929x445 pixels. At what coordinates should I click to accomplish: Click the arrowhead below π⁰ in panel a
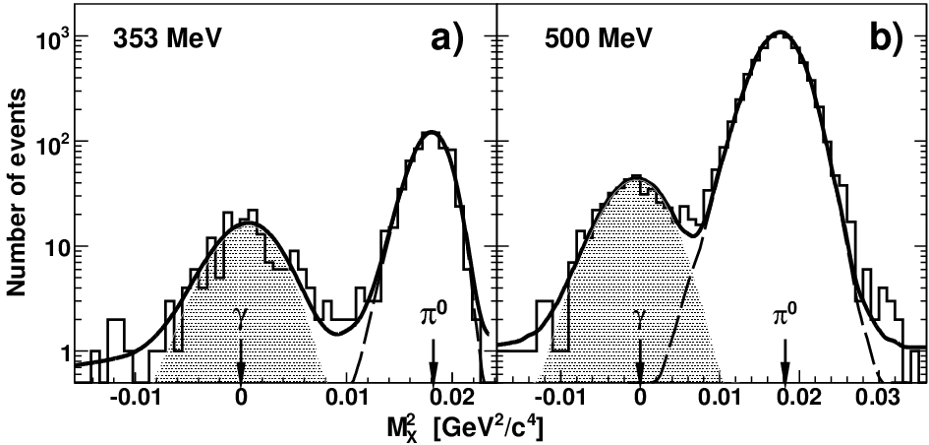click(434, 374)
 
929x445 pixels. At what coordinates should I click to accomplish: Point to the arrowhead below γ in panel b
click(640, 374)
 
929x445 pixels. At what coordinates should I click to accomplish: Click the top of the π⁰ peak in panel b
click(781, 32)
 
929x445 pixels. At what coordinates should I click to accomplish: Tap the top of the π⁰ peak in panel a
click(433, 132)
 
